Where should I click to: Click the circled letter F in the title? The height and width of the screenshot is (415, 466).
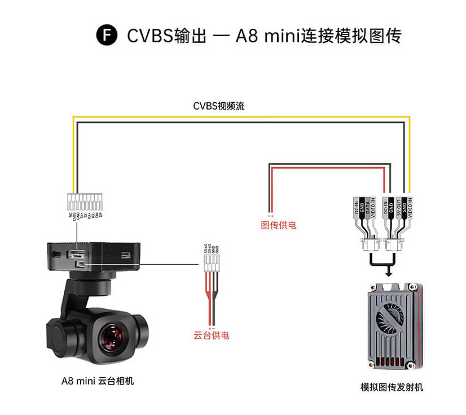coord(107,36)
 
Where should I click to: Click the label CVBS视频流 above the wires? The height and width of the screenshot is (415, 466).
coord(219,106)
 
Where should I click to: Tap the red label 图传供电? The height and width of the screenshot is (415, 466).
coord(278,225)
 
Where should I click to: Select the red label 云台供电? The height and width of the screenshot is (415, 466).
coord(212,335)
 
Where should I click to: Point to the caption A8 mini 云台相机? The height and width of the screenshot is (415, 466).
coord(98,381)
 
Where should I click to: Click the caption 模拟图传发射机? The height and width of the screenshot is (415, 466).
coord(392,387)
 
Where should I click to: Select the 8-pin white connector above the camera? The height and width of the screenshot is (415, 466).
coord(85,202)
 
